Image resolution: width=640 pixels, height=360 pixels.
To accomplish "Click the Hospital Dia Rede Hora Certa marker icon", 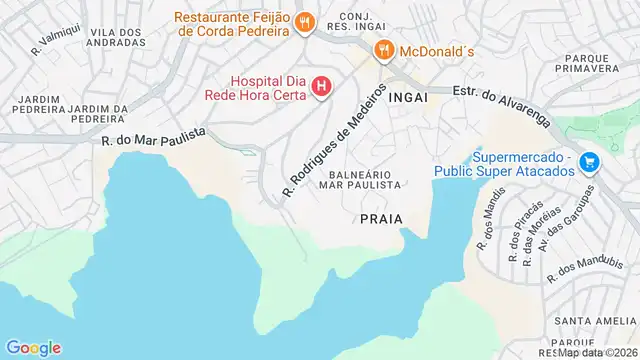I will coord(321,88).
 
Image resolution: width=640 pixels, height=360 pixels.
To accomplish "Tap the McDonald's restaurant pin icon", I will coord(382,50).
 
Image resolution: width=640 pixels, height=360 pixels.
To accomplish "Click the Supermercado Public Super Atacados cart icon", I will coord(590,162).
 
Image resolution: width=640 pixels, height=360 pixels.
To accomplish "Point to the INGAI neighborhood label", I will coord(408,98).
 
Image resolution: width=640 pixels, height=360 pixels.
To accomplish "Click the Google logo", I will coord(33,347).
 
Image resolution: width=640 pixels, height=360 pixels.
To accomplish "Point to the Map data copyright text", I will coord(597,352).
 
